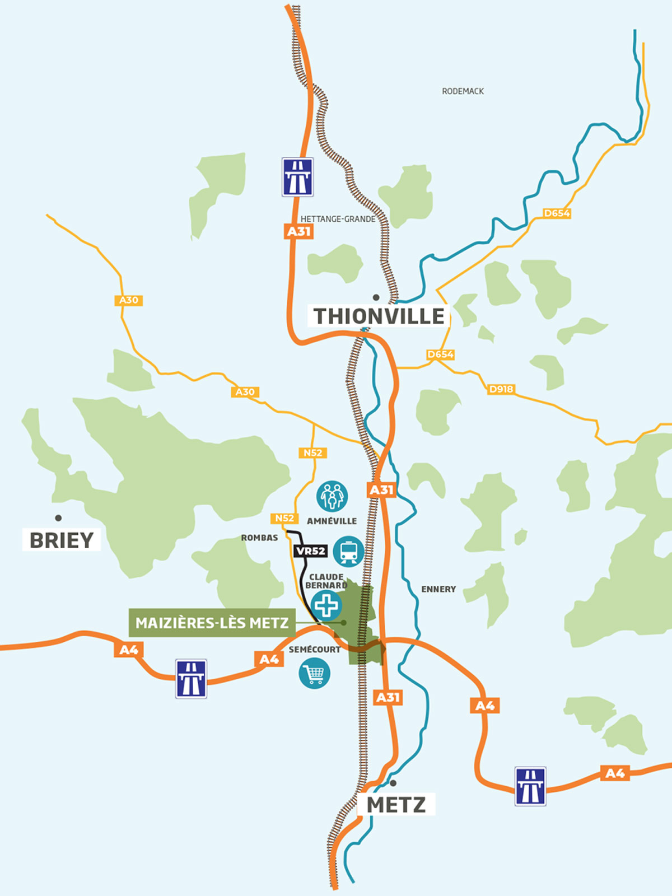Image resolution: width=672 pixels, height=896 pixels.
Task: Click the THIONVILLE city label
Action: click(379, 316)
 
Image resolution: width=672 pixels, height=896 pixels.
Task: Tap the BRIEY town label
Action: click(62, 540)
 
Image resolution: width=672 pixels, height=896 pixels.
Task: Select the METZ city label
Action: click(396, 805)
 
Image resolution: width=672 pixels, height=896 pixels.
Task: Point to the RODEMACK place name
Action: click(463, 91)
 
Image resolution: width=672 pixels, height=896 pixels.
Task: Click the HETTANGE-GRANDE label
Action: click(338, 219)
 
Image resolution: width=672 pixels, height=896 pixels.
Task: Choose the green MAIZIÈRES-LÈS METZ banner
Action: click(212, 623)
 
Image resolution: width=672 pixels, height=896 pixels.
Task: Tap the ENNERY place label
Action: click(438, 589)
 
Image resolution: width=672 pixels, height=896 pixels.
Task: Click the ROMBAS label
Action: click(259, 538)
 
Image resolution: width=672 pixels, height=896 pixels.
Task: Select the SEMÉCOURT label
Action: click(314, 650)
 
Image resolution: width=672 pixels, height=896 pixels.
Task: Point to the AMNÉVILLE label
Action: click(332, 521)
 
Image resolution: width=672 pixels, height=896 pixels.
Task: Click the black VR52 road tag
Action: click(311, 551)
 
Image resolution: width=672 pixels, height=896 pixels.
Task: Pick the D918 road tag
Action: click(501, 389)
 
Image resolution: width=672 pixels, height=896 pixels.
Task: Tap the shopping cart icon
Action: click(314, 673)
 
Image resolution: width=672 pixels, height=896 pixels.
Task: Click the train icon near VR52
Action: click(348, 552)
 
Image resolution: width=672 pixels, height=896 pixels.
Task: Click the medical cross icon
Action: click(326, 605)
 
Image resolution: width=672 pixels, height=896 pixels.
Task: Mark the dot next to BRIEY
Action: click(58, 518)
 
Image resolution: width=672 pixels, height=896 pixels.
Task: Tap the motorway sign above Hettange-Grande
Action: click(297, 177)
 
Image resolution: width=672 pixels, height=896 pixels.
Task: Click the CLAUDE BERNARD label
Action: click(326, 581)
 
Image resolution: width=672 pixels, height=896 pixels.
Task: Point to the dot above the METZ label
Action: click(393, 783)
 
